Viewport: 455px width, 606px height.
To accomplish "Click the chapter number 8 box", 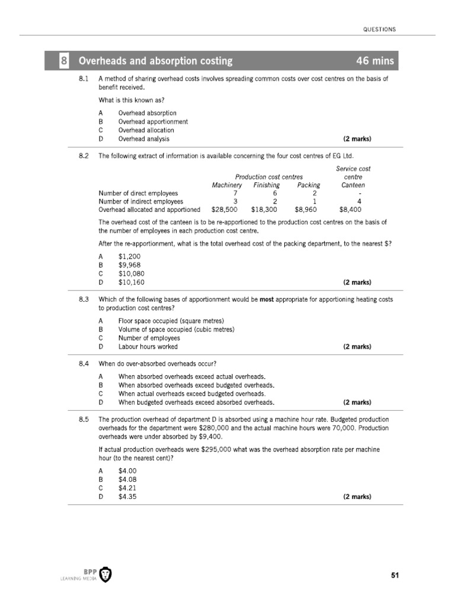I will tap(64, 61).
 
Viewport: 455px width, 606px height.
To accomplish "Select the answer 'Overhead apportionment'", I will tap(153, 121).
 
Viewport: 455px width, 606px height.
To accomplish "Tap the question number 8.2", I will tap(84, 156).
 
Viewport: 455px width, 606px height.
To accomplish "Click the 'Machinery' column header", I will tap(227, 185).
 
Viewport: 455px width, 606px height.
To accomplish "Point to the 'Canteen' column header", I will tap(353, 185).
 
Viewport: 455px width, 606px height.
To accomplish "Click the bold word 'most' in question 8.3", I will tap(268, 299).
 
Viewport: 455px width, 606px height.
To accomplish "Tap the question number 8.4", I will tap(84, 363).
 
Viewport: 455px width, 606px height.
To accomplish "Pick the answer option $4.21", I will tap(127, 488).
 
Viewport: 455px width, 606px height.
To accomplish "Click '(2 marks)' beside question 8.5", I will tap(357, 497).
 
